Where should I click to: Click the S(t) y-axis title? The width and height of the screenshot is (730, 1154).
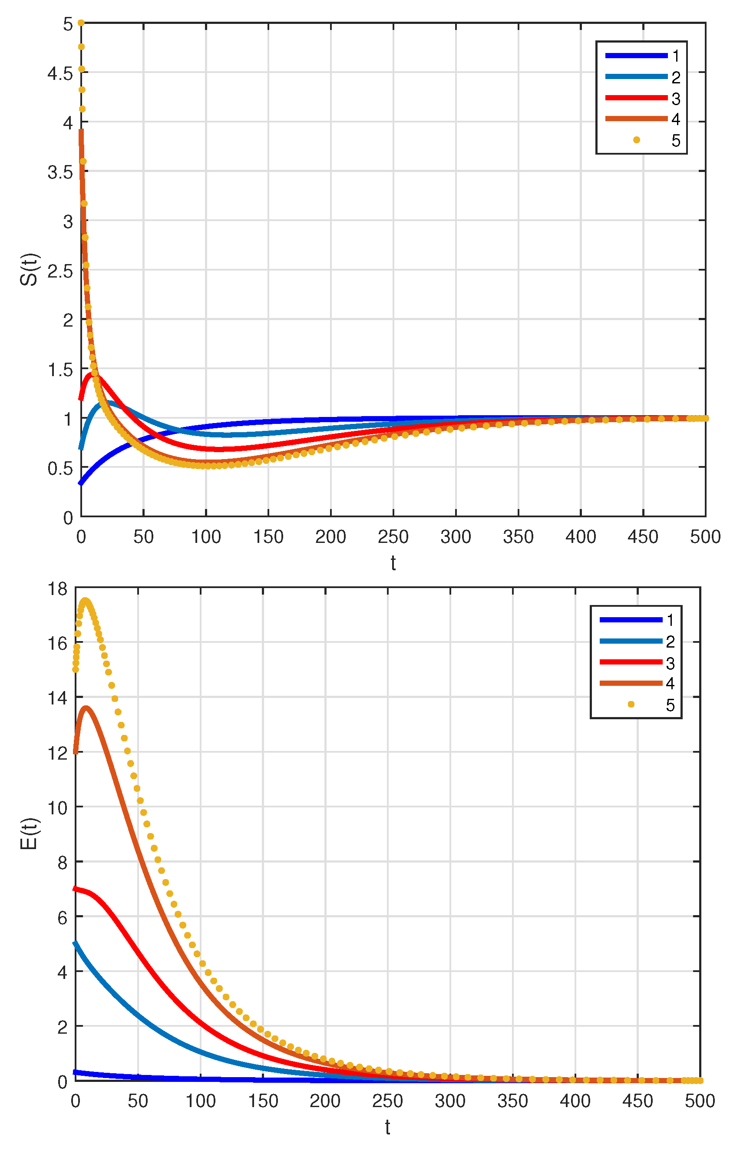pos(30,269)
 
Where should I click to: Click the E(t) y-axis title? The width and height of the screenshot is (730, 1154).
pos(30,833)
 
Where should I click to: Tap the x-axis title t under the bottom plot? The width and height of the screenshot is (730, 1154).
pos(387,1127)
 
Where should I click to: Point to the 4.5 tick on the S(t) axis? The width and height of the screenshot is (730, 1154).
pos(60,73)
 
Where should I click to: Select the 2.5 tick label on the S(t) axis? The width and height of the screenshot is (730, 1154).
pos(60,271)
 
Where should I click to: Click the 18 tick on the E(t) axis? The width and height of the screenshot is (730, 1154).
pos(57,589)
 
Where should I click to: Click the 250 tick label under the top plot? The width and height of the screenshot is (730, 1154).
pos(393,537)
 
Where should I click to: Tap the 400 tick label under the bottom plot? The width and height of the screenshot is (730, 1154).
pos(575,1101)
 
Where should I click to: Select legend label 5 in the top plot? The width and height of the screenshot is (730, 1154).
pos(676,140)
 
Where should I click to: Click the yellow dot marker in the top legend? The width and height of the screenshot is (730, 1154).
pos(636,140)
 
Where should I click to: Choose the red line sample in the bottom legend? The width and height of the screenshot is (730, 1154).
pos(631,662)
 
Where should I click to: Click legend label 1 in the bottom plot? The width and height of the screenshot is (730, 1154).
pos(670,620)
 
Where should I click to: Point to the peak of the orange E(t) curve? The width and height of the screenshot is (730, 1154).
pos(86,708)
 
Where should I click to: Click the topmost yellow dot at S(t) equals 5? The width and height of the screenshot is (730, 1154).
pos(81,23)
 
